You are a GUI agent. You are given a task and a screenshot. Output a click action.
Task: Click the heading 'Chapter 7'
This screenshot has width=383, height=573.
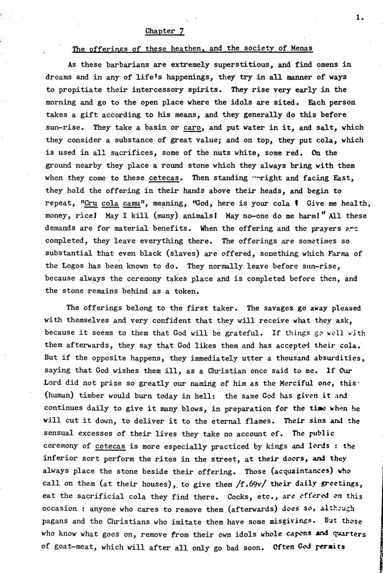164,31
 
